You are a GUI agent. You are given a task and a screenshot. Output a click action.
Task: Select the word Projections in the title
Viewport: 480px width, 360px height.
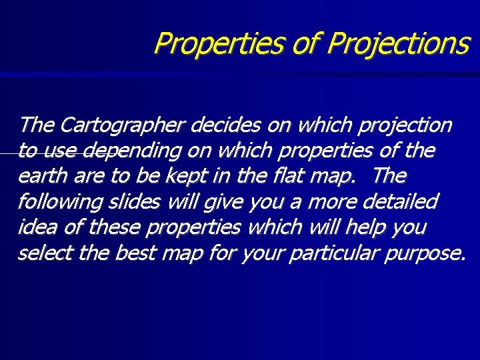point(399,43)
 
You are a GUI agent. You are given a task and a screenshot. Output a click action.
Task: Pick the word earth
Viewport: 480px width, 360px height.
point(39,177)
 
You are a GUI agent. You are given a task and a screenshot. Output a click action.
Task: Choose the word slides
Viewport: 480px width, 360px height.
point(130,202)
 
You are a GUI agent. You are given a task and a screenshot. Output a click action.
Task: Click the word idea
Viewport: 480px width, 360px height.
point(37,227)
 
